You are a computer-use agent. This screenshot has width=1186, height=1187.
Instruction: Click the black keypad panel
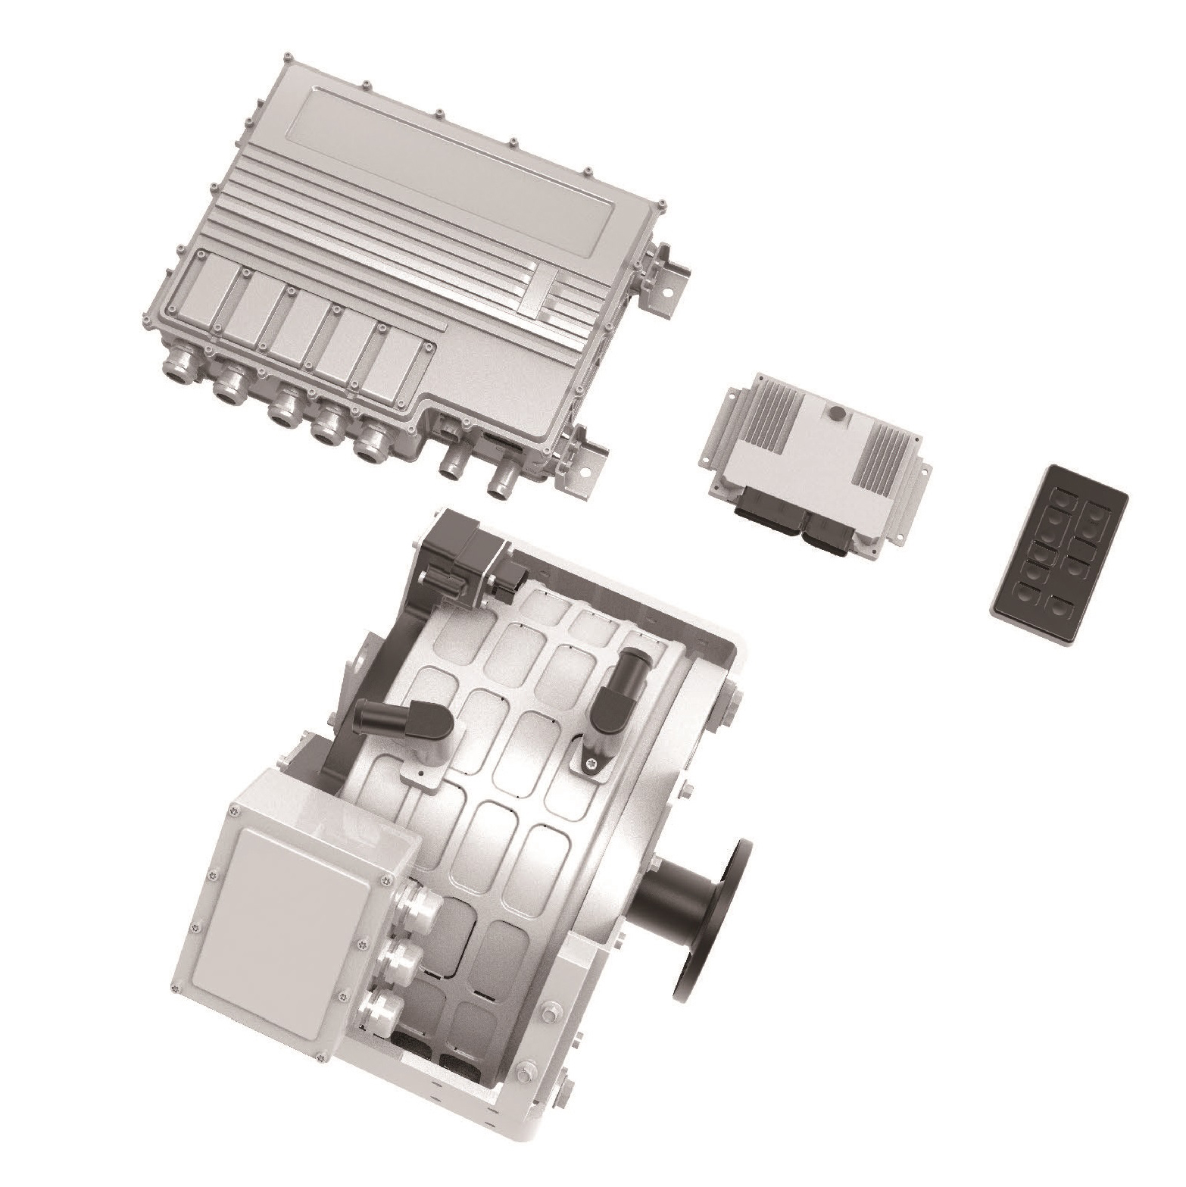[x=1059, y=557]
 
